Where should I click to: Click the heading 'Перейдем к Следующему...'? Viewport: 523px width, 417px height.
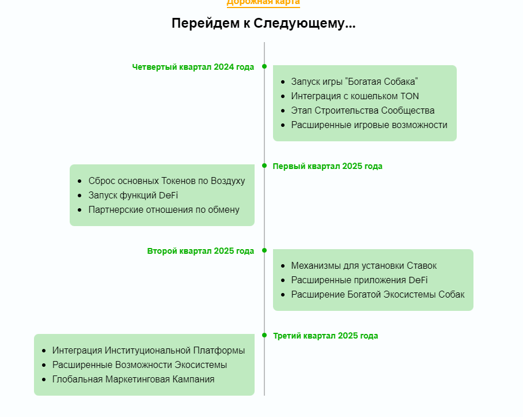[263, 24]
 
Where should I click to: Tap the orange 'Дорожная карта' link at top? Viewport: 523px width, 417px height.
[263, 3]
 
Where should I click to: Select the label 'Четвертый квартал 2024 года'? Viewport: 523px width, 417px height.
[193, 67]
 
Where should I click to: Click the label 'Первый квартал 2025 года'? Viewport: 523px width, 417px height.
[328, 166]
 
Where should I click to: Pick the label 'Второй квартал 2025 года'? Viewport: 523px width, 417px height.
[200, 251]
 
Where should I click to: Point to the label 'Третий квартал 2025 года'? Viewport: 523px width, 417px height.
[325, 336]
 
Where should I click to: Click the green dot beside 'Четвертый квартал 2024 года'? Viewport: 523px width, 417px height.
[264, 66]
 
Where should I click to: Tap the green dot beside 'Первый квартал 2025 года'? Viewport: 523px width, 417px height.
[264, 166]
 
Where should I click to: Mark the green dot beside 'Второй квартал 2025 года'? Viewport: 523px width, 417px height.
[264, 250]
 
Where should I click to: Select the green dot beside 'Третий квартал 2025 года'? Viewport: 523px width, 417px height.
[264, 335]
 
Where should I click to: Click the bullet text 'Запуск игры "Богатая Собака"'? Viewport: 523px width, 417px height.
[355, 82]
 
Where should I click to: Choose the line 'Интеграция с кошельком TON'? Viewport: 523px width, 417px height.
[355, 96]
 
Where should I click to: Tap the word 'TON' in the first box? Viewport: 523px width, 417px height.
[410, 96]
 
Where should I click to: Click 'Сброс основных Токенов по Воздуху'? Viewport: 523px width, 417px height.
[167, 181]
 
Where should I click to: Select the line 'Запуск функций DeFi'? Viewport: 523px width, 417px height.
[133, 196]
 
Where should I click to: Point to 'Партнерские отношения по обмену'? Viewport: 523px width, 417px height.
[164, 210]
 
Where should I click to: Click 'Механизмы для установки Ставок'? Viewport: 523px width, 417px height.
[364, 266]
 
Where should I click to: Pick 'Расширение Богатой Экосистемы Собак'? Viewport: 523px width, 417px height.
[378, 295]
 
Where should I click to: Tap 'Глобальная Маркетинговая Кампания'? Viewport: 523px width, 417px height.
[134, 380]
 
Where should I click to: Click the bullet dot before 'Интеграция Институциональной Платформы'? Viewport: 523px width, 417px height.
[44, 351]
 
